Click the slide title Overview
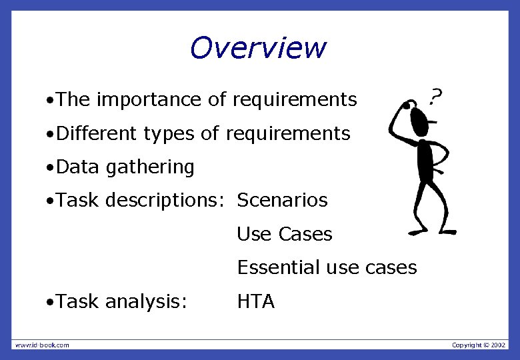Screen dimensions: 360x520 258,48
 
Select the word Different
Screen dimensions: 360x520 97,133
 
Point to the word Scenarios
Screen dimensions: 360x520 282,200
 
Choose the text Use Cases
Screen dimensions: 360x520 284,234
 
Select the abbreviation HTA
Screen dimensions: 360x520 255,301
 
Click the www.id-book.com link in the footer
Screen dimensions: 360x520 42,345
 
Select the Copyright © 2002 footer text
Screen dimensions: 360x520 479,345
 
